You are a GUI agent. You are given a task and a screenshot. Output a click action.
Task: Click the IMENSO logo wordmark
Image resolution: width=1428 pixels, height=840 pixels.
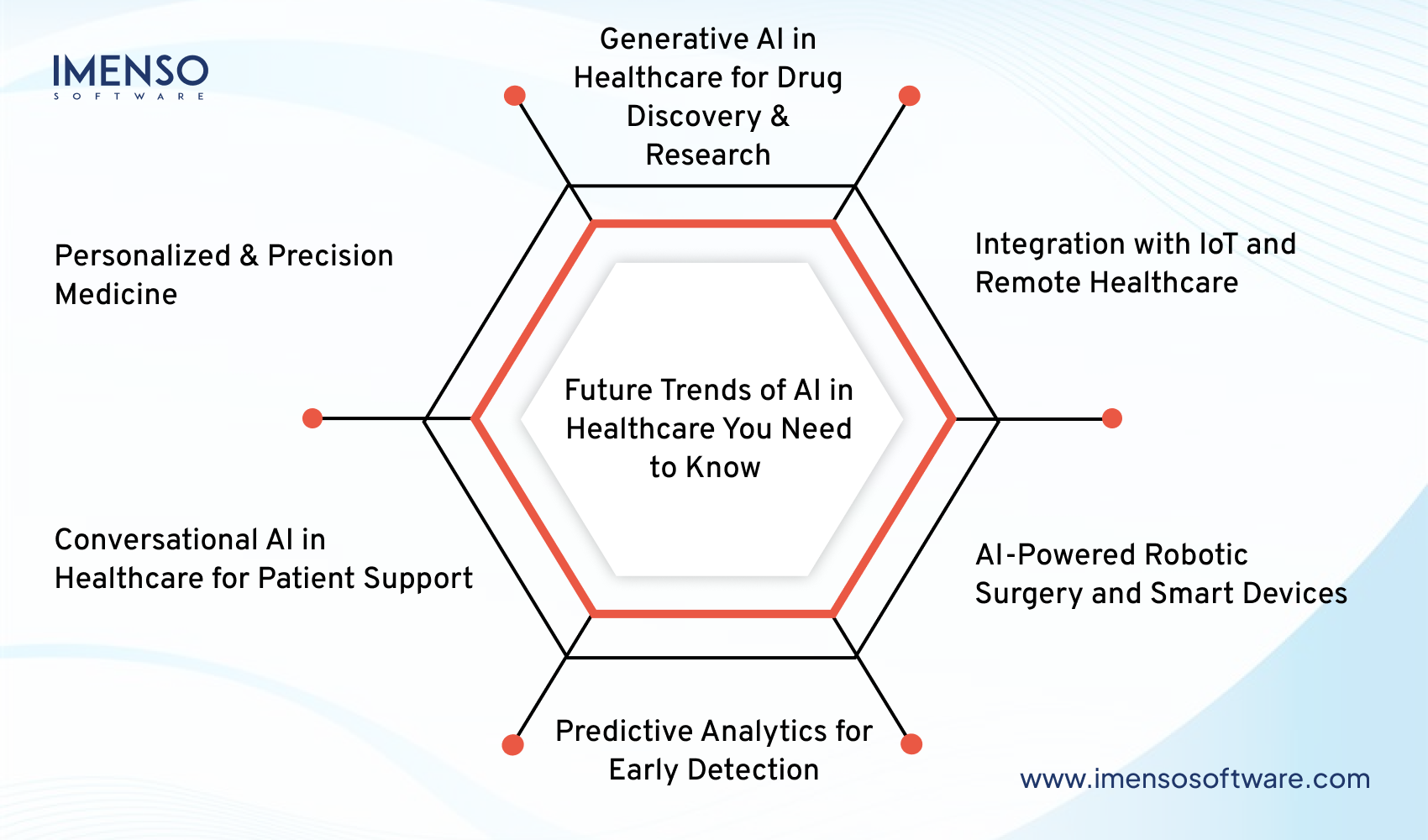[x=130, y=71]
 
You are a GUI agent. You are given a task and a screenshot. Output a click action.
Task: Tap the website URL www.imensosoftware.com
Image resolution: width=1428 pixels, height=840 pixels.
[x=1194, y=779]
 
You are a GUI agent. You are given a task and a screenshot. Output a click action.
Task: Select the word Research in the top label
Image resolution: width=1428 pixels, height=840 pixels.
[x=707, y=155]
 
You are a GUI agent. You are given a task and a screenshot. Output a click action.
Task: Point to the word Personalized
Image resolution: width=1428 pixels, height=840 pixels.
[x=142, y=256]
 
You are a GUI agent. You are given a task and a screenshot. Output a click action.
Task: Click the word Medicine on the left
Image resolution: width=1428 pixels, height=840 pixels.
[x=116, y=295]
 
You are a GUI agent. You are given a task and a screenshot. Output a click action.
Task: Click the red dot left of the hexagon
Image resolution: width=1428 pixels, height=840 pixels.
[x=312, y=418]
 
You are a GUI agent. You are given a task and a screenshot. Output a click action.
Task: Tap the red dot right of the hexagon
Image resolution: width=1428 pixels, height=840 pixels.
[x=1111, y=418]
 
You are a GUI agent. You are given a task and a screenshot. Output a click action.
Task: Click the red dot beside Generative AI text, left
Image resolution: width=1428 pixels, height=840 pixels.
[x=515, y=96]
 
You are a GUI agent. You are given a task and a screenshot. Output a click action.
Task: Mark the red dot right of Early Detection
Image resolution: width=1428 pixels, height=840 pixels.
[x=911, y=744]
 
